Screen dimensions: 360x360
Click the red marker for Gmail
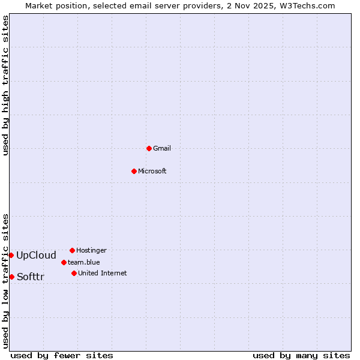(149, 148)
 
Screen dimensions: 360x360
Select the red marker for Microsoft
(134, 171)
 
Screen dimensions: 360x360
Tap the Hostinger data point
(72, 250)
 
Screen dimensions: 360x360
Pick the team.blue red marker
(64, 262)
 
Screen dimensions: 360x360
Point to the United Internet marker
(74, 273)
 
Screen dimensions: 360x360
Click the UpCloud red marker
(11, 255)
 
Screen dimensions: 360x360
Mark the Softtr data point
(11, 277)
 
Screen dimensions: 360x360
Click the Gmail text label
(162, 148)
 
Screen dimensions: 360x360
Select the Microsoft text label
(152, 171)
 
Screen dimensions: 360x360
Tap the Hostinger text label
(91, 250)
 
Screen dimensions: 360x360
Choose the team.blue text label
(84, 262)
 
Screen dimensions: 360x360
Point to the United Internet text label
(103, 273)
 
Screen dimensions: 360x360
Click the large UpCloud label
(36, 255)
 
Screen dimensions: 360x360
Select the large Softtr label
(31, 277)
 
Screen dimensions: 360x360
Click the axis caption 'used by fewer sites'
(62, 355)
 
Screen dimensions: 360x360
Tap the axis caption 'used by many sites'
(301, 355)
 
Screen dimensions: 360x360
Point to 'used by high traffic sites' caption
(6, 85)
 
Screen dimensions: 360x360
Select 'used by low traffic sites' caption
(6, 280)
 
